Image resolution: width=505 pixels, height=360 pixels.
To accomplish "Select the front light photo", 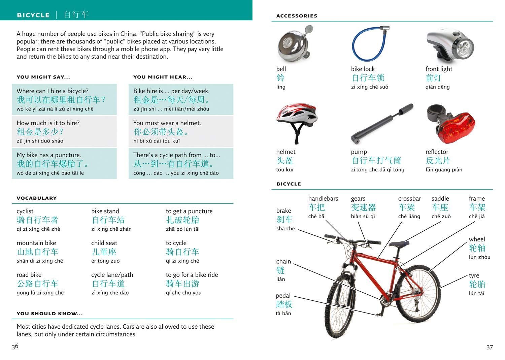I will point(450,45).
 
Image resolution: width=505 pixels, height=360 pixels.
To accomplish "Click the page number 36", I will point(15,346).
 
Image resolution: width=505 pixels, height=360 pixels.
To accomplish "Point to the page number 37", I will point(490,347).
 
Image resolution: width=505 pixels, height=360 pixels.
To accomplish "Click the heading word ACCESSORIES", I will point(297,16).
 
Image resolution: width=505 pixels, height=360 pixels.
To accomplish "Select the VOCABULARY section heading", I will point(37,198).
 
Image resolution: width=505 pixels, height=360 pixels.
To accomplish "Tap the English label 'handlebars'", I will point(323,199).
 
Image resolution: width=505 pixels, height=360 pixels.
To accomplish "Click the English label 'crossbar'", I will point(409,199).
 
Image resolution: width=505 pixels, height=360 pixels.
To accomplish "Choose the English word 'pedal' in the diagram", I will point(283,295).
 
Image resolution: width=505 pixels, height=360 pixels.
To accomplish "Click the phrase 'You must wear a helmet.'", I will point(167,123).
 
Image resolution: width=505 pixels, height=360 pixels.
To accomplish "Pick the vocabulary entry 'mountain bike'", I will point(36,243).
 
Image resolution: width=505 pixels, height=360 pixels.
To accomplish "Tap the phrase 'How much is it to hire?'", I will point(48,123).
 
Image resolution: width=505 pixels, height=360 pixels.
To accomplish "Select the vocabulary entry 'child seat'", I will point(104,243).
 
